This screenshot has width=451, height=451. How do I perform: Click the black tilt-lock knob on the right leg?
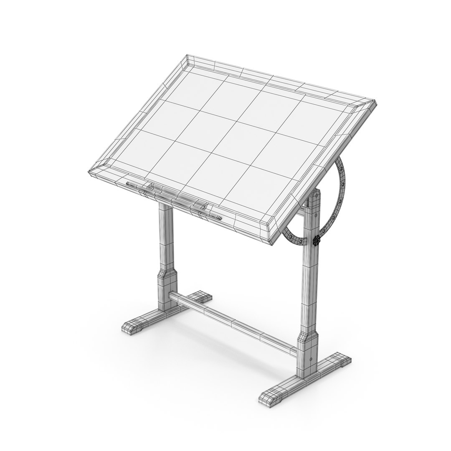[x=317, y=241]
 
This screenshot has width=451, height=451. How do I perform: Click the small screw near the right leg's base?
[x=310, y=358]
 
